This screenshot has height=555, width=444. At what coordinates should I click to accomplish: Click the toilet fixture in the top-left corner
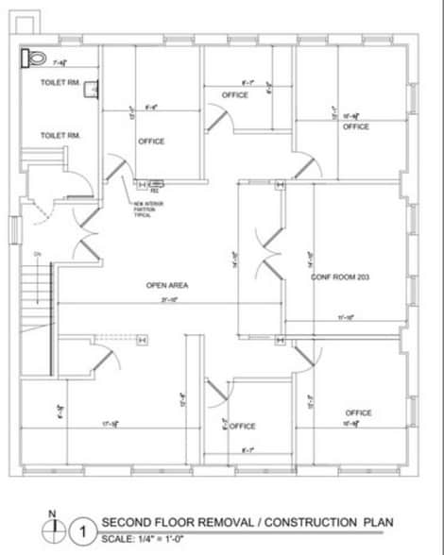pos(34,59)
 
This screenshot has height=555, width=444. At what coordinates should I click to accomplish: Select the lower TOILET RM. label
pos(60,136)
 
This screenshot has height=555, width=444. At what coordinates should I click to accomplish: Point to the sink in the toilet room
pos(91,91)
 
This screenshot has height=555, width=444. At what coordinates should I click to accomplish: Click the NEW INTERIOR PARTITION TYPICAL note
pos(147,209)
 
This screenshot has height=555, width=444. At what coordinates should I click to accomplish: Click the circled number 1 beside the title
pos(83,532)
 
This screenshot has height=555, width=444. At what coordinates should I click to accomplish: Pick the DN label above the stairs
pos(37,255)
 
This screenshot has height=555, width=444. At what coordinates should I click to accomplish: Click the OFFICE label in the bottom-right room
pos(358,412)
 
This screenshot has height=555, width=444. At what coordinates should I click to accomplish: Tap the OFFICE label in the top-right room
pos(355,126)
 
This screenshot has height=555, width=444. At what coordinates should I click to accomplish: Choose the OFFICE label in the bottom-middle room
pos(243,426)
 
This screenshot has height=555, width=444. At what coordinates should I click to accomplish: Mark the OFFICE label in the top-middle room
pos(235,95)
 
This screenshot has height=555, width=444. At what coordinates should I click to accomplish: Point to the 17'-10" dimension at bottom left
pos(110,424)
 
